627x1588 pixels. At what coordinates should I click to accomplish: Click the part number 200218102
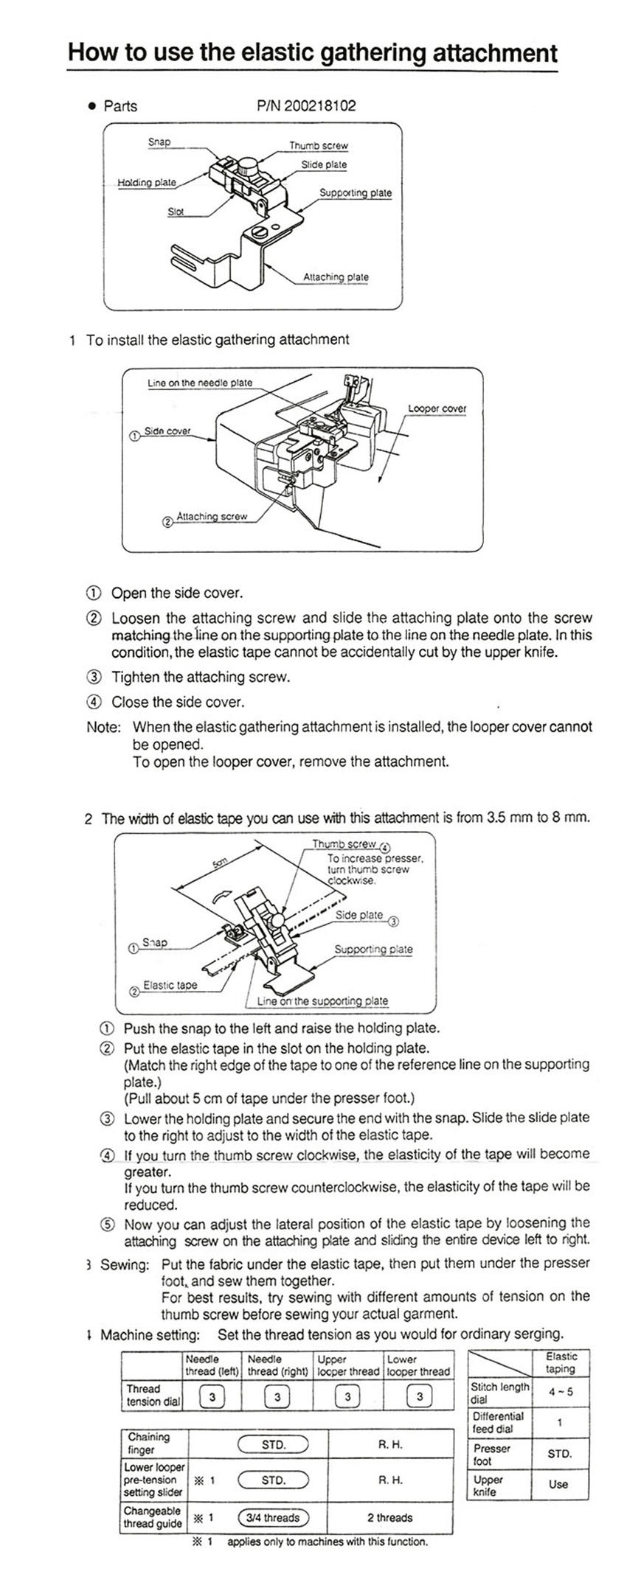click(x=319, y=105)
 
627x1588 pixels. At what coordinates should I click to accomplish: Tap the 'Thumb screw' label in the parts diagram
click(x=318, y=146)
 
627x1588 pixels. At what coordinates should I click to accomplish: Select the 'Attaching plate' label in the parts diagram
click(x=336, y=277)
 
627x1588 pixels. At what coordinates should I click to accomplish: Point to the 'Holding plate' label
click(x=147, y=182)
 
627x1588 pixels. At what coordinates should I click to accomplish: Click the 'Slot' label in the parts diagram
click(x=176, y=212)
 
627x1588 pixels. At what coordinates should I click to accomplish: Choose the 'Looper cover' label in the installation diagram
click(x=437, y=408)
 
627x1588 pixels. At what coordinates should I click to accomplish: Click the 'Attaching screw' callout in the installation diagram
click(x=211, y=517)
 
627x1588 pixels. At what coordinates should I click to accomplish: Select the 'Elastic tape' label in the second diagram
click(x=170, y=985)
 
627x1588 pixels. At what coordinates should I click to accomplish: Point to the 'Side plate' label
click(x=359, y=915)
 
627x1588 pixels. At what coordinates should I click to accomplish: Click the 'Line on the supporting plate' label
click(x=322, y=1001)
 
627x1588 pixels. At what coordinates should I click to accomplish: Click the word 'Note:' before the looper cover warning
click(x=103, y=728)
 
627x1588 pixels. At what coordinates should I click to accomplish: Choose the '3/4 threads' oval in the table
click(x=273, y=1518)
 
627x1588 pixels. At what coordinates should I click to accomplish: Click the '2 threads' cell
click(x=390, y=1518)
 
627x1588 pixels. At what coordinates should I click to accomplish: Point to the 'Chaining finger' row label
click(x=148, y=1444)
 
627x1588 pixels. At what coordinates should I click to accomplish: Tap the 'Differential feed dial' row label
click(x=499, y=1422)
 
